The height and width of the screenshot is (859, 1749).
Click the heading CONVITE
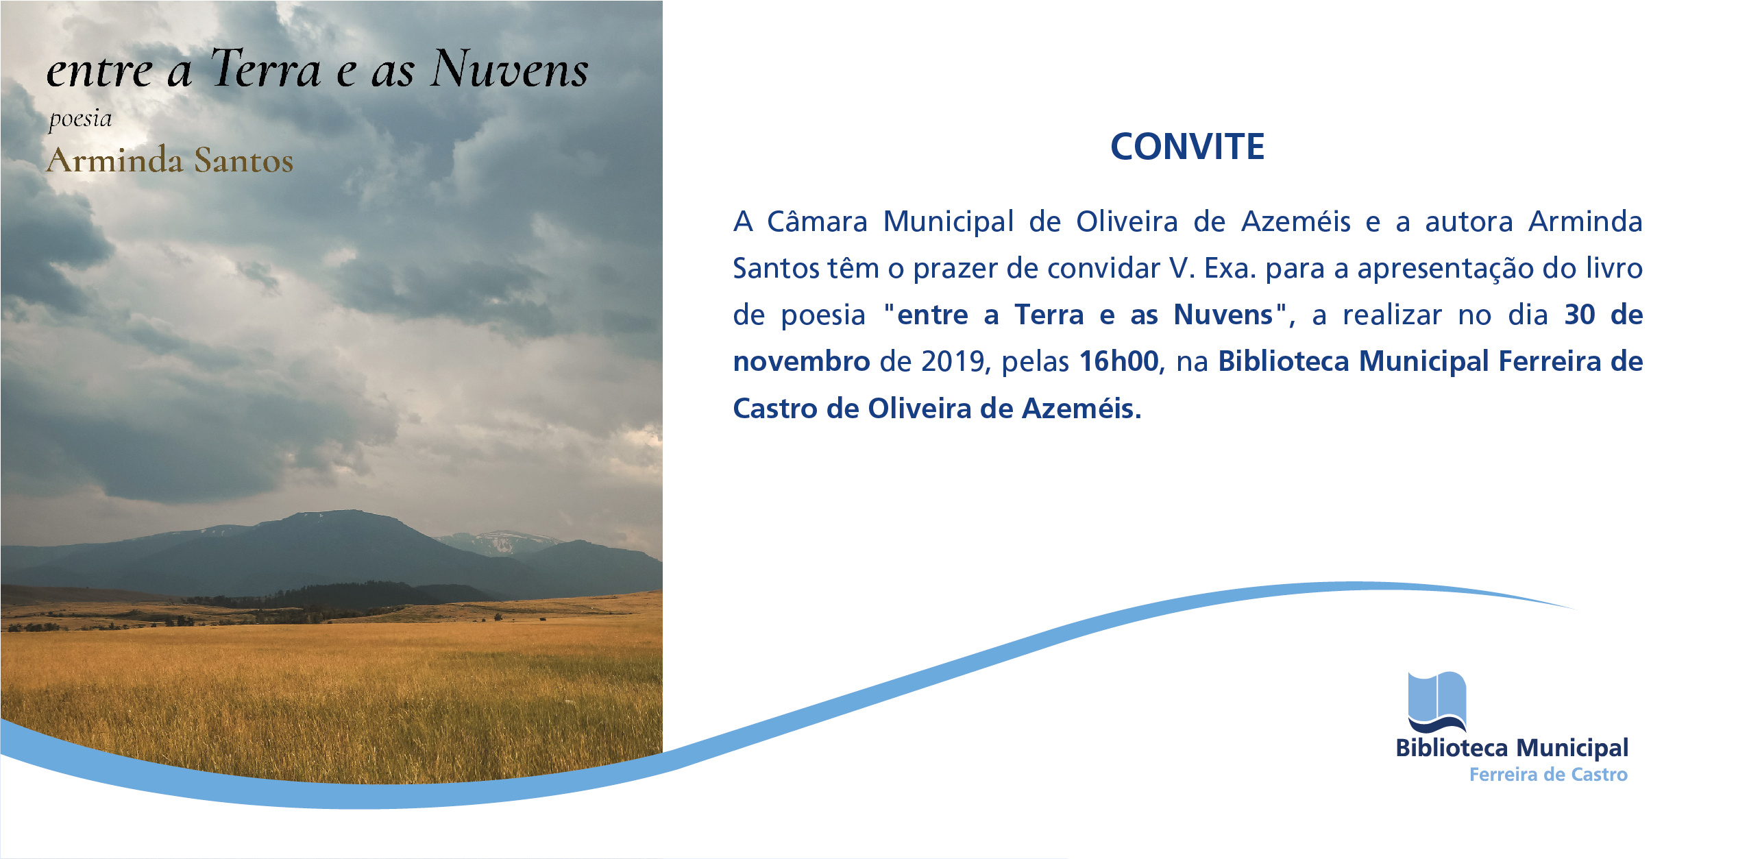click(1187, 146)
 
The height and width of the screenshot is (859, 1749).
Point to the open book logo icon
click(1437, 703)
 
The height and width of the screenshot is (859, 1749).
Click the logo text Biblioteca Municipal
click(1512, 748)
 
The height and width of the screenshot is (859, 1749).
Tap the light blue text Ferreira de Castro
click(1548, 775)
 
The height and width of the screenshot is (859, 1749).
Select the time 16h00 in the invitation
click(1119, 361)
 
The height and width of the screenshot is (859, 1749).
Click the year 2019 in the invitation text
click(953, 361)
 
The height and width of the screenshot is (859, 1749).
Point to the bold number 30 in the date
click(1580, 315)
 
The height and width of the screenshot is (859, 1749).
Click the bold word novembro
click(802, 361)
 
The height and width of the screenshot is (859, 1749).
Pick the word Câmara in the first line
click(817, 221)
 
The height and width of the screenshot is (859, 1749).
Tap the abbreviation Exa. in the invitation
click(1230, 268)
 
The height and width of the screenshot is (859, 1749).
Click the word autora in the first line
click(1469, 222)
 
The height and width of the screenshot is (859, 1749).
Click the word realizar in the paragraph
click(1392, 315)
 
